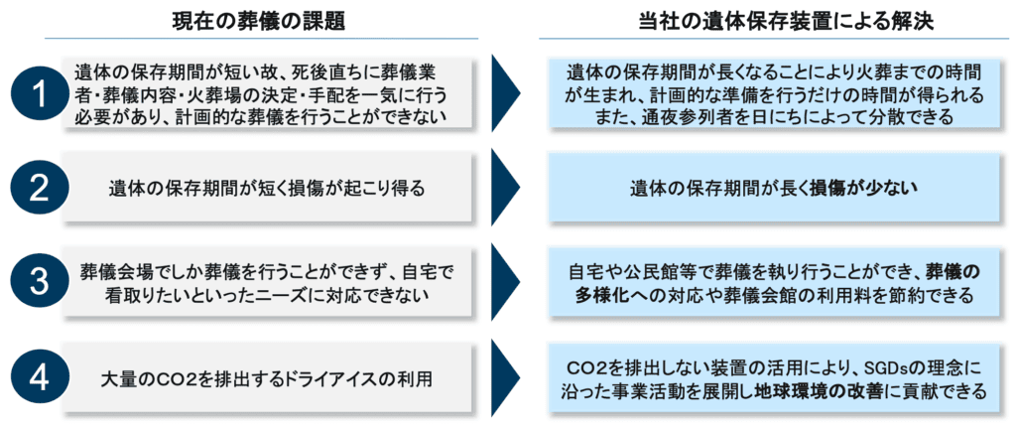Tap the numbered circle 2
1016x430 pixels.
(x=39, y=186)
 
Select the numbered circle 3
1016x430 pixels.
(x=39, y=282)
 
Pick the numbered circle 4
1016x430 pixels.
(x=39, y=378)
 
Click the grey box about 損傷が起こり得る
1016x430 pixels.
(x=272, y=186)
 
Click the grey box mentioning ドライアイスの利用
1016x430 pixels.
(x=272, y=378)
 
